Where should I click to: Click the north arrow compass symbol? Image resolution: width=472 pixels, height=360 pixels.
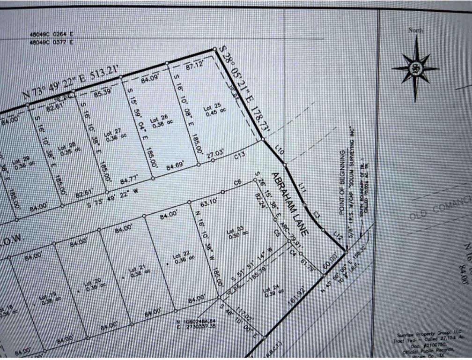415,68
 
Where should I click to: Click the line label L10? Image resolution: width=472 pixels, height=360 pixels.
280,150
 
